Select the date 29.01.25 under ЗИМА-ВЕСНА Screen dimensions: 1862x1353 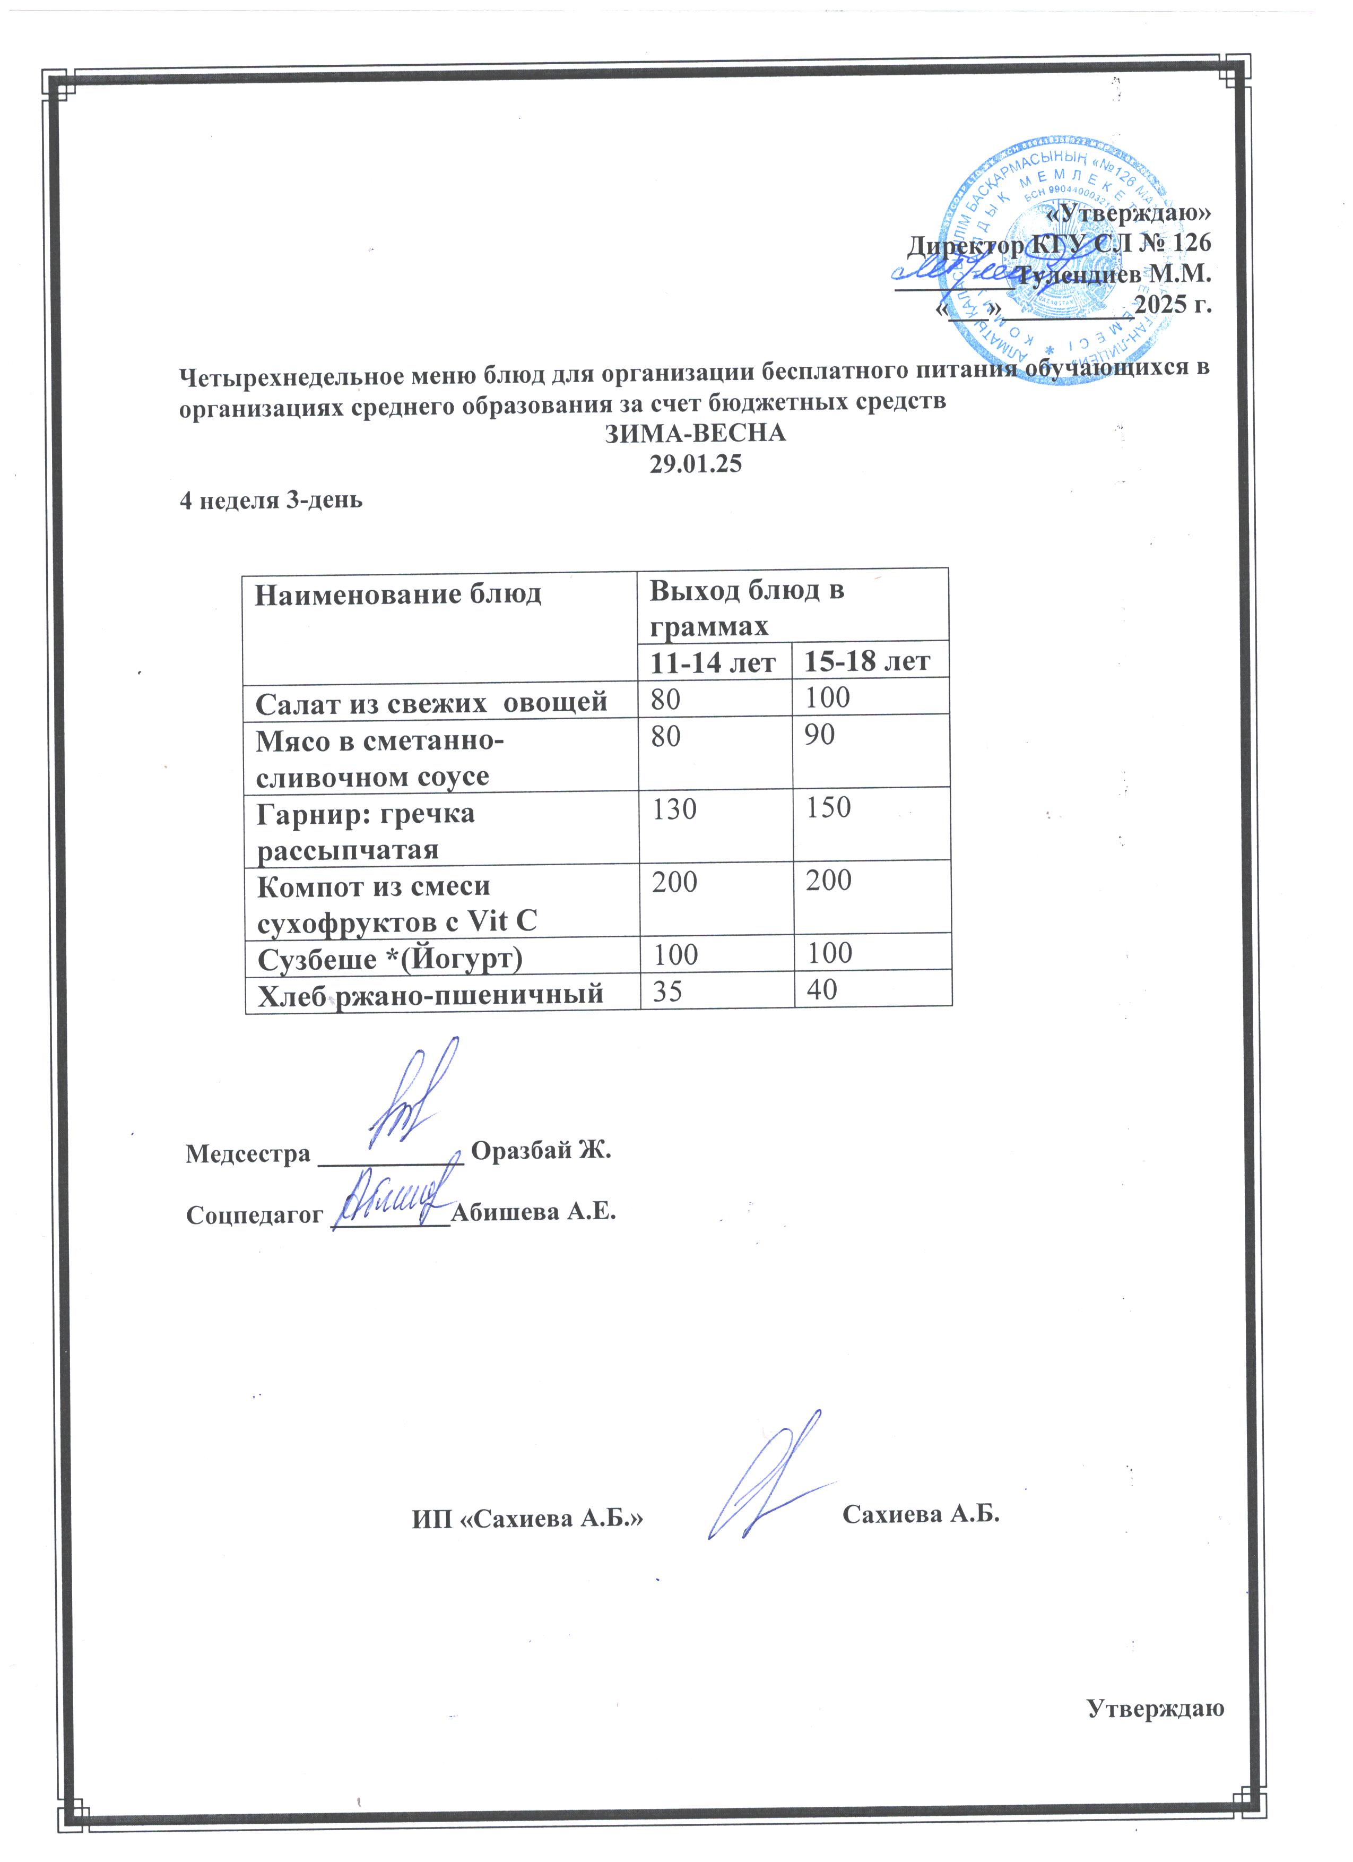pyautogui.click(x=696, y=464)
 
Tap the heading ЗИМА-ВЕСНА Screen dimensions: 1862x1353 pyautogui.click(x=696, y=434)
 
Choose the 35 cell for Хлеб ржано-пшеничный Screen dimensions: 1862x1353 pyautogui.click(x=667, y=991)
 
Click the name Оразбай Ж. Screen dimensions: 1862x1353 pyautogui.click(x=542, y=1151)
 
